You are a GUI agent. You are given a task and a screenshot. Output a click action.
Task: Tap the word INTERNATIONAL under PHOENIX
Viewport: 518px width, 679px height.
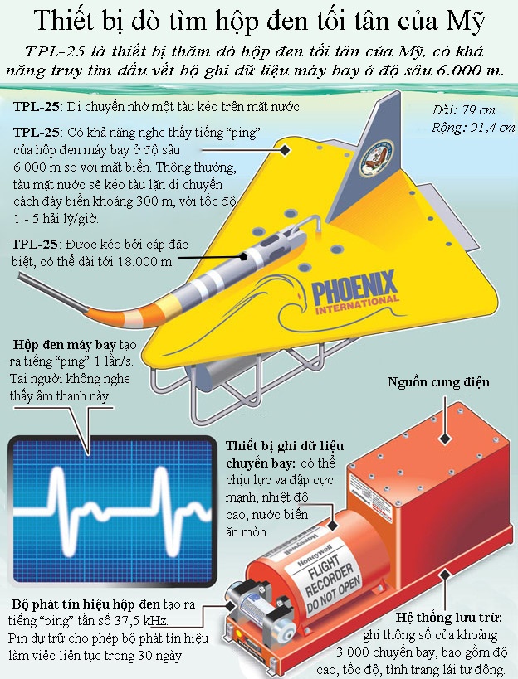coord(357,305)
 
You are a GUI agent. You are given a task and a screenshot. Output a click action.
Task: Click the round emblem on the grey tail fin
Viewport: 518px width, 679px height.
coord(376,158)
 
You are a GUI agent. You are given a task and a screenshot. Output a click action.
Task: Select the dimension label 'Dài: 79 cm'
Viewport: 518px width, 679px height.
coord(463,110)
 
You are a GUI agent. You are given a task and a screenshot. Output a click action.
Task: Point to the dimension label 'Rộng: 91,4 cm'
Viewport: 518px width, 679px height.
coord(473,128)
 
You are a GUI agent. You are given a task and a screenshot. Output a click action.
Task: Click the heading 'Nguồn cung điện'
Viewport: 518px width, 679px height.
coord(438,382)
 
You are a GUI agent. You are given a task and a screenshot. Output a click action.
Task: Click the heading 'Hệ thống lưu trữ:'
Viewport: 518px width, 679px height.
coord(449,618)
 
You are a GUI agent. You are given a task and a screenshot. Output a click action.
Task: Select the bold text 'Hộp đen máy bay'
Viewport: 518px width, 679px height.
coord(65,345)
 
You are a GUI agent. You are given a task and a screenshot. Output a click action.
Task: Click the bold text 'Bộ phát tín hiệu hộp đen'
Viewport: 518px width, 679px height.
coord(86,604)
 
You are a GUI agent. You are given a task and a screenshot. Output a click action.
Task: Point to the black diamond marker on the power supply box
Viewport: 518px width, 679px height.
coord(445,439)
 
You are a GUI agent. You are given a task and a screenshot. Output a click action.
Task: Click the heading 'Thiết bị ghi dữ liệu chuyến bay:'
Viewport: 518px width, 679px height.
coord(285,454)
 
